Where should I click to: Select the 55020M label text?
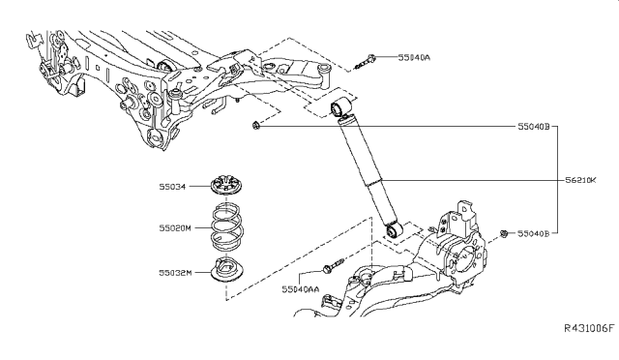pyautogui.click(x=176, y=228)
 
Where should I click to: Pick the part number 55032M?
pyautogui.click(x=176, y=272)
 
